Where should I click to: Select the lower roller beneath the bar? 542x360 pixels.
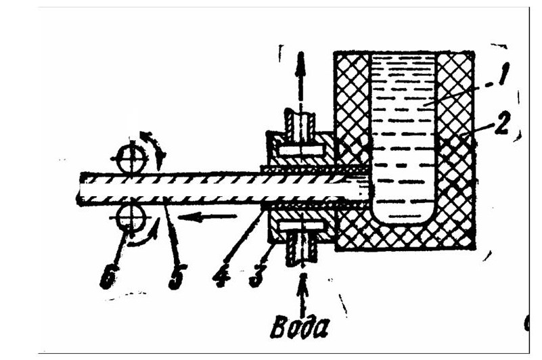131,218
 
